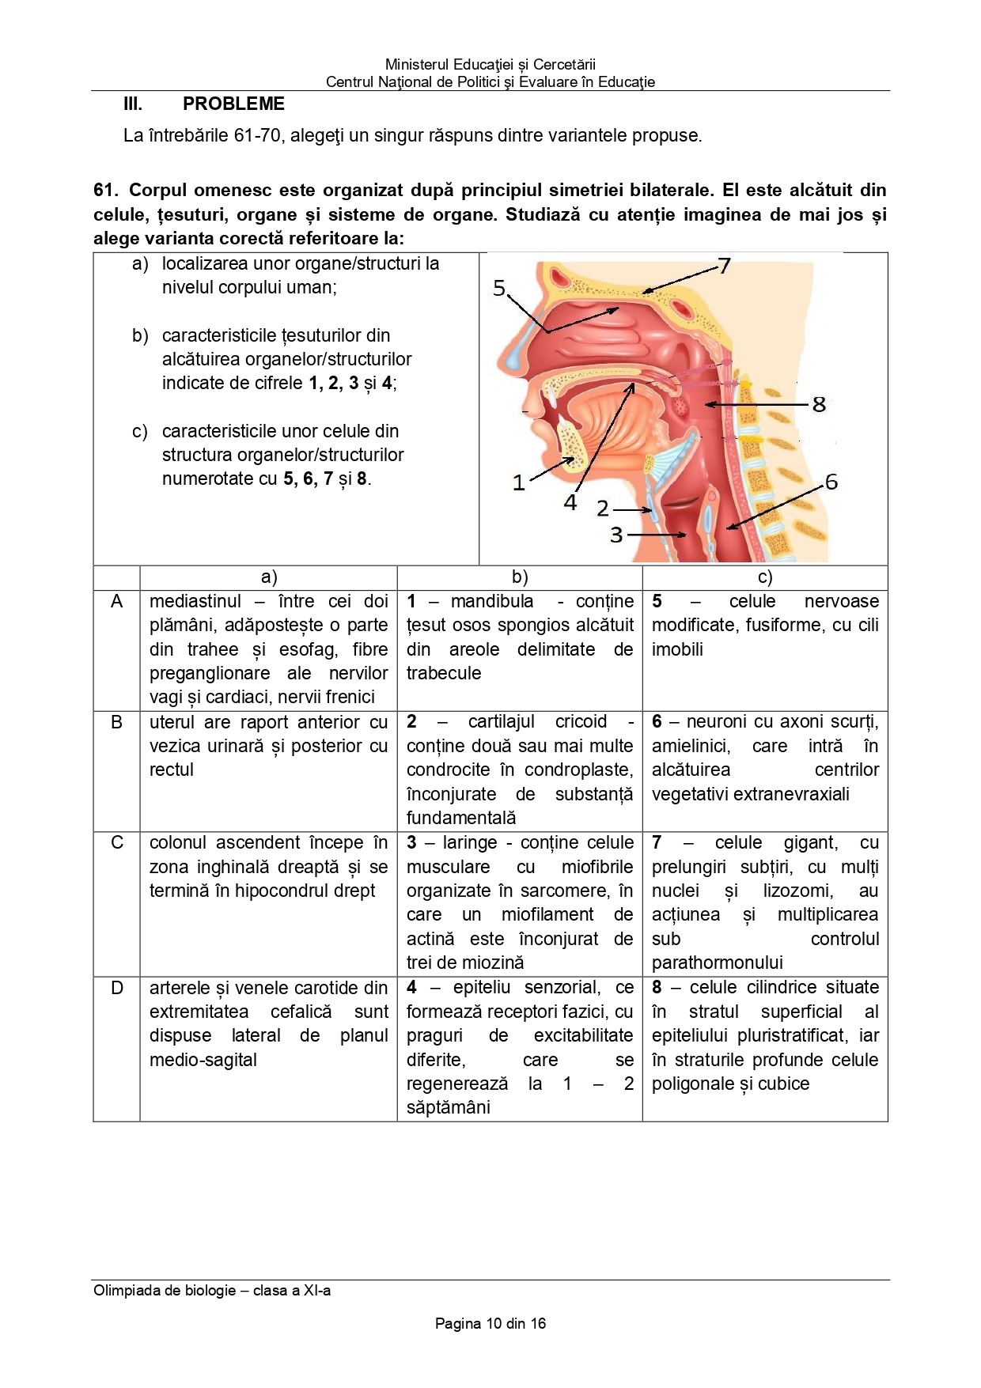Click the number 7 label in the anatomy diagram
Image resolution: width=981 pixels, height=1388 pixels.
tap(724, 266)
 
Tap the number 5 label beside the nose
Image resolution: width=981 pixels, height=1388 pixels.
tap(499, 289)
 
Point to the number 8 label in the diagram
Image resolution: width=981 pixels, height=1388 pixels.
tap(819, 405)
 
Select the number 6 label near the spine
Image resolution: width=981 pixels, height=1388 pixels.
tap(831, 482)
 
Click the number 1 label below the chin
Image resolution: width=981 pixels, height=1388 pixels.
tap(518, 482)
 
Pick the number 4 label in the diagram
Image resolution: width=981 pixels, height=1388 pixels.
tap(570, 502)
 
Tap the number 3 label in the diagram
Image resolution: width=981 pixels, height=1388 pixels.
tap(616, 535)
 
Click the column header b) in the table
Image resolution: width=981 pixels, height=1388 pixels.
tap(520, 577)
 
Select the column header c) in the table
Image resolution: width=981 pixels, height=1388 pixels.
tap(764, 577)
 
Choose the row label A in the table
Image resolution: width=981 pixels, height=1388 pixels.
tap(117, 601)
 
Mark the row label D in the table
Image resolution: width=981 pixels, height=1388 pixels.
tap(117, 988)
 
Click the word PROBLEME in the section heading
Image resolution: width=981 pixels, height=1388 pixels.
tap(233, 104)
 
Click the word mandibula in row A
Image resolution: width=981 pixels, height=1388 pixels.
tap(492, 601)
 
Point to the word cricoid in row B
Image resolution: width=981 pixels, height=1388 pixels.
tap(581, 721)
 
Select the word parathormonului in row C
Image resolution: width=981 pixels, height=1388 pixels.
tap(717, 963)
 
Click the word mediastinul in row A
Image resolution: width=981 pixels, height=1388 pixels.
tap(195, 601)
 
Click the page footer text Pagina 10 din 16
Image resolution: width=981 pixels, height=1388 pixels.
tap(490, 1323)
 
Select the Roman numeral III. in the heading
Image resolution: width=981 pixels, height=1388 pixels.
tap(133, 104)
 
